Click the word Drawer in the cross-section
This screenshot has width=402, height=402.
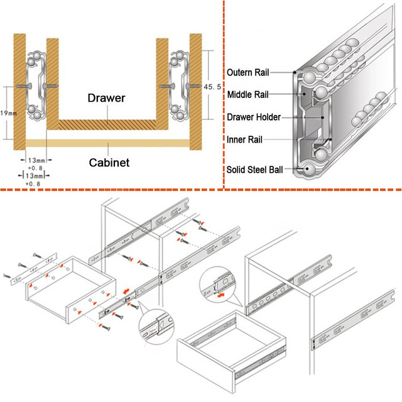[x=107, y=99]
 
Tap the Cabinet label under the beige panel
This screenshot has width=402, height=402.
[x=108, y=162]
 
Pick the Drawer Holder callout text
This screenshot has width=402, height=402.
[x=254, y=117]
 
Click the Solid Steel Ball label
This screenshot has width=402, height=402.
[x=258, y=169]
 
